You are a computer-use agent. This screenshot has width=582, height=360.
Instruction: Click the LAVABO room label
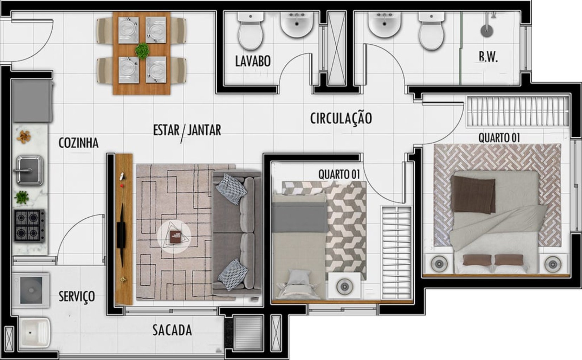(x=253, y=61)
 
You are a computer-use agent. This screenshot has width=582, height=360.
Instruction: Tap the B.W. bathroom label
(x=488, y=57)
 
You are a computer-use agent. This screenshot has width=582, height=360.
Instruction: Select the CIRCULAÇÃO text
(x=341, y=118)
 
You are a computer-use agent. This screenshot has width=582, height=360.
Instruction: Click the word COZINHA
(x=78, y=143)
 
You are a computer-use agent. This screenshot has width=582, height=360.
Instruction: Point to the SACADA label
(x=172, y=330)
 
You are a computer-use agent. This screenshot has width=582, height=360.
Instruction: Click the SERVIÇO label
(x=77, y=296)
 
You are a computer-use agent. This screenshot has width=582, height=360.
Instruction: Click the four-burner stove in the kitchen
(x=30, y=225)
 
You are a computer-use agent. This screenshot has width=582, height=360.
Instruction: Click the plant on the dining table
(x=142, y=51)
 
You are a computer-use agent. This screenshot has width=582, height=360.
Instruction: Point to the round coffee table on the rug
(x=174, y=236)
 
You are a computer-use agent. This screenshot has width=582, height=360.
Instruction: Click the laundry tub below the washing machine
(x=34, y=332)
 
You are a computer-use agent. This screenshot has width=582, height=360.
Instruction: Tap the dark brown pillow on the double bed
(x=473, y=194)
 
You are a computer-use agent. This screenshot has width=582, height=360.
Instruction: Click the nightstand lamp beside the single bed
(x=344, y=287)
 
